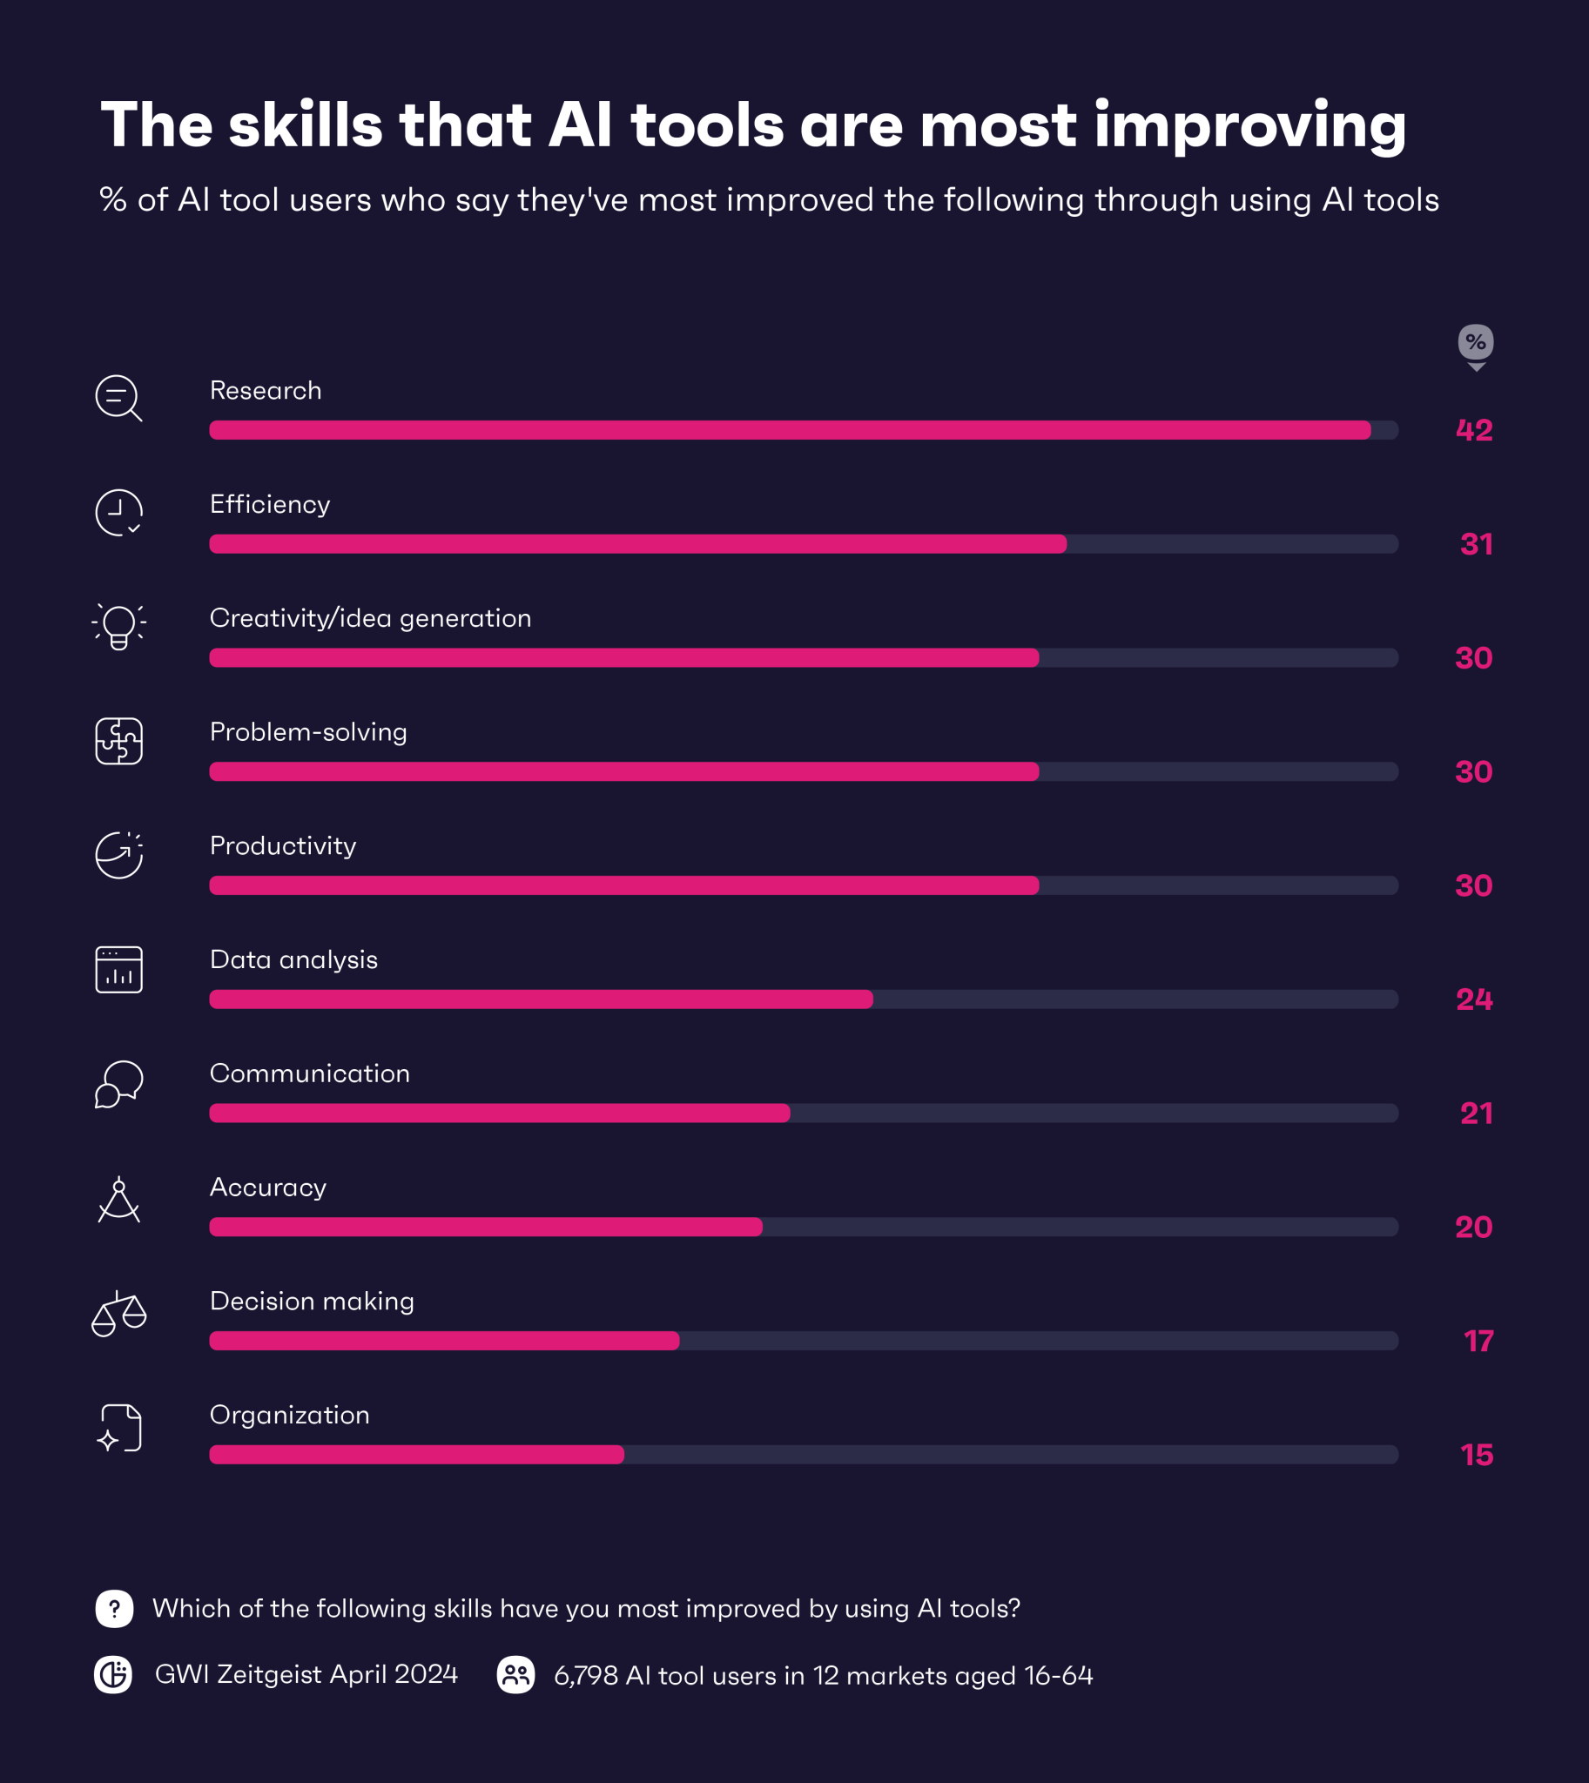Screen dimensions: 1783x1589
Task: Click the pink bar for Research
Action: point(789,429)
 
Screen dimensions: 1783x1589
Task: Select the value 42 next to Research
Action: point(1474,430)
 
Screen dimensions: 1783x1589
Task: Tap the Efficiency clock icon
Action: point(118,513)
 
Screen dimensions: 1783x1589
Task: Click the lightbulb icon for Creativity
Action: point(118,626)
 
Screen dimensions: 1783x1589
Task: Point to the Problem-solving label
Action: point(308,731)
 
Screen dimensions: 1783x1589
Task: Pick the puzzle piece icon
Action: point(118,740)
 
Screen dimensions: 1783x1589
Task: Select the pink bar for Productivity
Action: point(623,885)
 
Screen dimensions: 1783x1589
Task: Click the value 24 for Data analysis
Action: point(1474,999)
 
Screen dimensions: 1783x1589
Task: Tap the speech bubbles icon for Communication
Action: point(118,1084)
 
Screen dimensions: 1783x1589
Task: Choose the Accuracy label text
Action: point(267,1188)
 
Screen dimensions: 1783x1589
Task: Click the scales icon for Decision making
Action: point(118,1313)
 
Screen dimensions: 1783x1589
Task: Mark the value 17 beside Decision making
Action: point(1478,1341)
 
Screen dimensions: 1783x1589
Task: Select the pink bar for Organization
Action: point(416,1454)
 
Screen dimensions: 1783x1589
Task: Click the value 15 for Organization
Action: point(1476,1455)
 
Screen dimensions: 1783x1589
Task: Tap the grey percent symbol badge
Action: point(1476,342)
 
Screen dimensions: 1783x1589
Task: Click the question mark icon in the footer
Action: point(114,1608)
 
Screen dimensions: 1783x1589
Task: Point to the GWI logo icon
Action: point(113,1675)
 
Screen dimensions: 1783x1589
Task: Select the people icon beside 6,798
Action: point(516,1675)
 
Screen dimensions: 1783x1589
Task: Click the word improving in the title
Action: point(1249,125)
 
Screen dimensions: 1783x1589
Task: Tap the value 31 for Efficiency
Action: point(1476,544)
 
